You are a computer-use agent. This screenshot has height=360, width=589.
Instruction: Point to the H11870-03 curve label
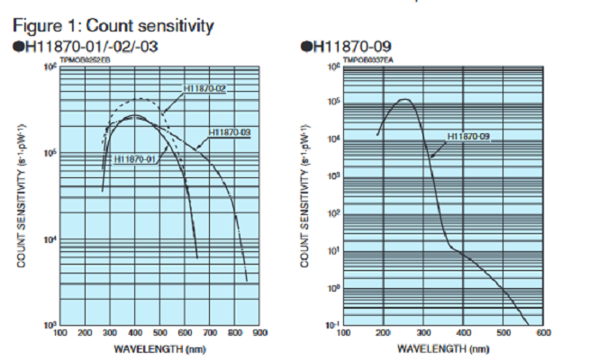point(229,132)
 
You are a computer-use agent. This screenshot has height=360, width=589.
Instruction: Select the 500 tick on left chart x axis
point(160,333)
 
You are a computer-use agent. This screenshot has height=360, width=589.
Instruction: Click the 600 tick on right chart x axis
point(543,333)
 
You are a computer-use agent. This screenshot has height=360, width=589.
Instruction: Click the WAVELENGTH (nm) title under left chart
point(159,347)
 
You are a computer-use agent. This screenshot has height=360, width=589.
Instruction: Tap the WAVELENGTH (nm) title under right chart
point(443,347)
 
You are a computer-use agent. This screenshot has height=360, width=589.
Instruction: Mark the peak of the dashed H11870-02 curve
point(138,98)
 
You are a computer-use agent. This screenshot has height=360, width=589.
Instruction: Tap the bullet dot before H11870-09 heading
point(305,45)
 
